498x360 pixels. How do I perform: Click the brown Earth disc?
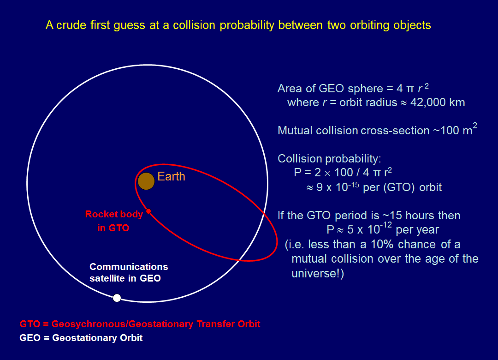146,181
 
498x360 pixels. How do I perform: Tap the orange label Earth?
171,176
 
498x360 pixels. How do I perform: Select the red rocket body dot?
148,211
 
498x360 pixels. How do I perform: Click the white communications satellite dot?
117,298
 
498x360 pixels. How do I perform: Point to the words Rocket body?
114,214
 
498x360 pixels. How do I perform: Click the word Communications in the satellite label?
129,266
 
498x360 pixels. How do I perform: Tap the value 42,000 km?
438,102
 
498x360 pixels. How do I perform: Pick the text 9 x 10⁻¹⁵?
338,186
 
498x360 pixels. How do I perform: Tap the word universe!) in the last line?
318,274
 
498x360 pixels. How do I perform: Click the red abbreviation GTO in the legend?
30,324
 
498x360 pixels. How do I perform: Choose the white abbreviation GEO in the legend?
30,338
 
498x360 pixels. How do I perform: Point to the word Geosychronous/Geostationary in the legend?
122,324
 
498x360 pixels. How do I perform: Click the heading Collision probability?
329,159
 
